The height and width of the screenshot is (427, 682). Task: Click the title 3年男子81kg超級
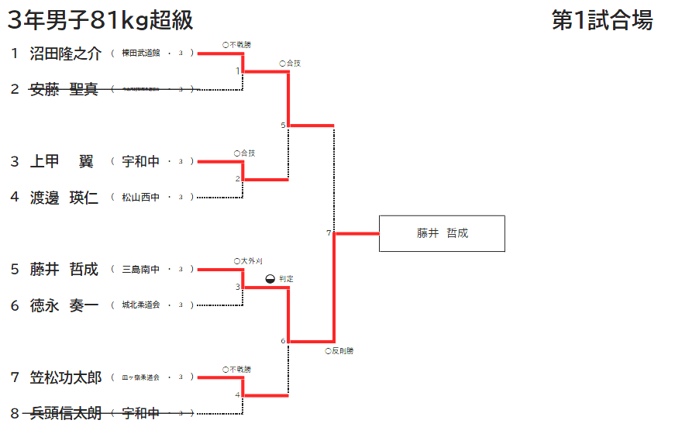point(100,20)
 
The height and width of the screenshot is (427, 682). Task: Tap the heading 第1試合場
point(602,20)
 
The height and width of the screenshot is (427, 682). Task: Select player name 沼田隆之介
point(66,53)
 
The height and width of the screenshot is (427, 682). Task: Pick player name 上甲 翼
point(61,161)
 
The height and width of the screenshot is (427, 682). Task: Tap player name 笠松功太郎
point(66,377)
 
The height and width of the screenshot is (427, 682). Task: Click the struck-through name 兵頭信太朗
point(66,413)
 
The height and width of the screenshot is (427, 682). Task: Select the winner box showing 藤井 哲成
point(442,233)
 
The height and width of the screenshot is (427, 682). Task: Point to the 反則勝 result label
point(339,351)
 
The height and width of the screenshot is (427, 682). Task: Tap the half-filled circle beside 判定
point(270,278)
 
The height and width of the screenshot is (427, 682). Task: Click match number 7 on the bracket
point(329,232)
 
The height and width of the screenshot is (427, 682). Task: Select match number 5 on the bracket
point(283,125)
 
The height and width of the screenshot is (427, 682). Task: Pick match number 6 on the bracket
point(283,341)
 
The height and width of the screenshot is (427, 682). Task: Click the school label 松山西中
point(140,198)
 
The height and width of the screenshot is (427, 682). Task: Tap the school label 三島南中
point(140,270)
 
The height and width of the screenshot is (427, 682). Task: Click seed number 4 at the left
point(14,197)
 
